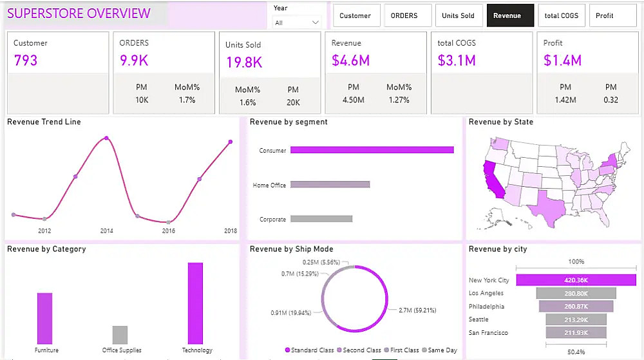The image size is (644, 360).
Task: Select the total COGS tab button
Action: coord(562,15)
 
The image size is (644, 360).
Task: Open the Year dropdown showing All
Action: coord(297,23)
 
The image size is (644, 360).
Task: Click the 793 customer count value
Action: coord(26,61)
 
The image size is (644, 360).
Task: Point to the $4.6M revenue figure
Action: coord(350,61)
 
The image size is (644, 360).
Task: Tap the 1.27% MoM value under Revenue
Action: coord(399,100)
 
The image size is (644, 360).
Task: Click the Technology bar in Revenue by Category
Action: coord(195,303)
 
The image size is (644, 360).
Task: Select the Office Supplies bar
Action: coord(120,335)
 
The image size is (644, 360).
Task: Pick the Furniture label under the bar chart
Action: coord(46,350)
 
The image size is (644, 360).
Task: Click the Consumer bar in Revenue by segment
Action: coord(372,150)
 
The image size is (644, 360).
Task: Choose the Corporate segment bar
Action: coord(321,219)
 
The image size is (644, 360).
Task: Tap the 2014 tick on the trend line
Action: coord(106,231)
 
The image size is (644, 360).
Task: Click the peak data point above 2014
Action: coord(106,138)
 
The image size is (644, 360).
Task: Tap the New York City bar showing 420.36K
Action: coord(576,280)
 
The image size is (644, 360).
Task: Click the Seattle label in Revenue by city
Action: coord(478,319)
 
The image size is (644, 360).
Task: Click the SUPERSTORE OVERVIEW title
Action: coord(79,14)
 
